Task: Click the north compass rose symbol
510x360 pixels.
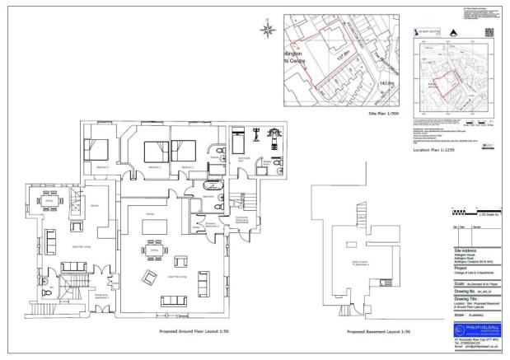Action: (267, 31)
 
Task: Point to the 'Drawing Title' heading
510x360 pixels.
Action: (467, 298)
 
